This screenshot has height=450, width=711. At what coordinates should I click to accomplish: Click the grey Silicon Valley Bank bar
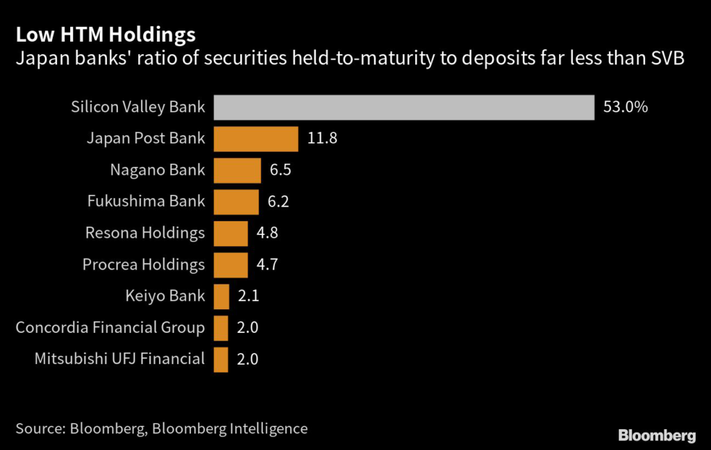(403, 107)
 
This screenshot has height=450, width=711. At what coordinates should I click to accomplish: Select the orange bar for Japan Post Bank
(256, 139)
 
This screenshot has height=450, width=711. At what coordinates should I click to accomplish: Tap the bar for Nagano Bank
(237, 170)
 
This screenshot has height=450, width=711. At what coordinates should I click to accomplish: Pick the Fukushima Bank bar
(236, 202)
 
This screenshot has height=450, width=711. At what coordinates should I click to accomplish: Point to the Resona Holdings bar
(231, 233)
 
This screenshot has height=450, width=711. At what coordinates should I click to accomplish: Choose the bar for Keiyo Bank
(221, 296)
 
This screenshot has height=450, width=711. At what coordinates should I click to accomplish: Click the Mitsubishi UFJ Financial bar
(221, 359)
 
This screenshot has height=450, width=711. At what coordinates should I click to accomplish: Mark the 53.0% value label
(625, 107)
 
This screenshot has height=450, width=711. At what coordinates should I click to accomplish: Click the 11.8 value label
(321, 139)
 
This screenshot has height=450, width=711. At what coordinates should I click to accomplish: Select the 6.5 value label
(280, 170)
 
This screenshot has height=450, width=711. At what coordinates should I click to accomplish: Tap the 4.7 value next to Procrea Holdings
(267, 265)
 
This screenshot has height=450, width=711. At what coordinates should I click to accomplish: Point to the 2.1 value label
(249, 296)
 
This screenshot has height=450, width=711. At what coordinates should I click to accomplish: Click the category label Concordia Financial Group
(110, 327)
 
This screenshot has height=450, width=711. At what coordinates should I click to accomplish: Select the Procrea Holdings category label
(144, 265)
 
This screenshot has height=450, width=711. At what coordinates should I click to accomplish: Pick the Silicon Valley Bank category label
(138, 107)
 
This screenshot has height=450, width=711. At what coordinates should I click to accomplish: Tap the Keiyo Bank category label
(165, 296)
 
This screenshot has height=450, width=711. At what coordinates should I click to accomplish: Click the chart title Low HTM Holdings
(106, 35)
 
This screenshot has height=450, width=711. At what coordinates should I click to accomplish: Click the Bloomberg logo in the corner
(656, 435)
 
